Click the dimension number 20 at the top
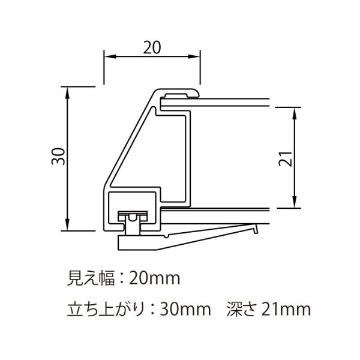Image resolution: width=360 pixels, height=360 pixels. coord(152,47)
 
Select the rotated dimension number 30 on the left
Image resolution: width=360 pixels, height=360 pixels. coord(58,157)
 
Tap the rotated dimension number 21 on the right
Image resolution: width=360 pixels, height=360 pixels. coord(286,159)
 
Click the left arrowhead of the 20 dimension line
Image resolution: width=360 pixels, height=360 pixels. coord(110,56)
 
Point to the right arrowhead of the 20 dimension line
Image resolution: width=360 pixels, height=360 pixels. coord(194,56)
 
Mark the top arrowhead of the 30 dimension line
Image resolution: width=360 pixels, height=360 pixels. coord(67,93)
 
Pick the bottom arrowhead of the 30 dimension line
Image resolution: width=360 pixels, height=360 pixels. coord(67,224)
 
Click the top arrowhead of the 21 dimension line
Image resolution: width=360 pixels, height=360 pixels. coord(295,113)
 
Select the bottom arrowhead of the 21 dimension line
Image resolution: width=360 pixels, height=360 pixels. coord(295,202)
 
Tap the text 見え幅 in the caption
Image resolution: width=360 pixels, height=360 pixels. coord(91,278)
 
